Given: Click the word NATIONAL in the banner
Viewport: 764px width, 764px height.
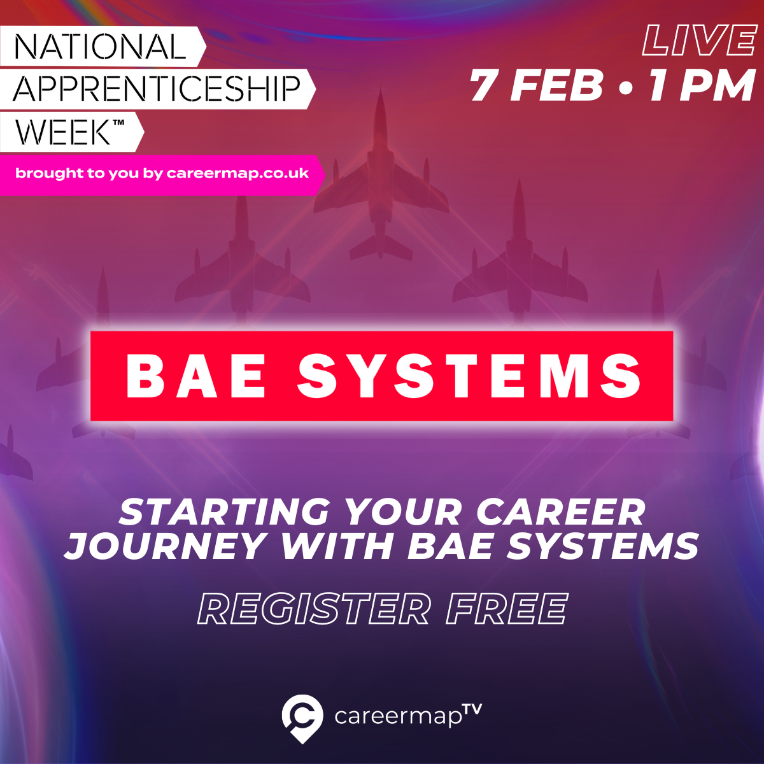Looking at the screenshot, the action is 99,46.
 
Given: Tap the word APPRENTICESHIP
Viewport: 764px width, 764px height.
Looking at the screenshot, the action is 157,88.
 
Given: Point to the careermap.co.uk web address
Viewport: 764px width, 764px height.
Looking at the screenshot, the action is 237,173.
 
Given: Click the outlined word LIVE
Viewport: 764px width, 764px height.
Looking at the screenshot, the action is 698,41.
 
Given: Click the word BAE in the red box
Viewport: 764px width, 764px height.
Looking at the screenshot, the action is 195,375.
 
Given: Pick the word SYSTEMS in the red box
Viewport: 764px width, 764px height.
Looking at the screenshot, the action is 469,375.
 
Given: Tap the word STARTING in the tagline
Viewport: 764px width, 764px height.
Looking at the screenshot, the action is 225,511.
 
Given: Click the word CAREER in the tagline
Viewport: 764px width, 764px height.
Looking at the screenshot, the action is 561,511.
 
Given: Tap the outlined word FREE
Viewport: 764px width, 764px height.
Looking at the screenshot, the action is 507,609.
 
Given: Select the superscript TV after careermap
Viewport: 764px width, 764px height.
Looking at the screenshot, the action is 472,709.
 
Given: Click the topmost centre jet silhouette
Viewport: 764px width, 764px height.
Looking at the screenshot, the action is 381,174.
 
